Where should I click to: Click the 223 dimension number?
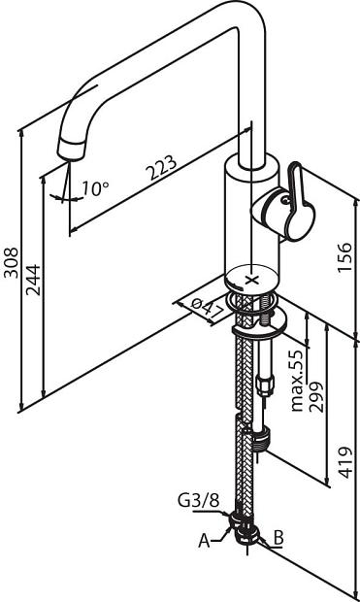(x=163, y=167)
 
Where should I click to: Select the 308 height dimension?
(x=11, y=262)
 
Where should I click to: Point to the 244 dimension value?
(x=33, y=280)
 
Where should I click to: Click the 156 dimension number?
(x=344, y=257)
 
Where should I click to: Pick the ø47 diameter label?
(x=207, y=309)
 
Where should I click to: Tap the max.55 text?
(x=298, y=381)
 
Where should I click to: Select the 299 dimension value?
(x=317, y=396)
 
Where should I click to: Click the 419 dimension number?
(x=345, y=462)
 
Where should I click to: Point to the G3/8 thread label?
(x=198, y=500)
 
